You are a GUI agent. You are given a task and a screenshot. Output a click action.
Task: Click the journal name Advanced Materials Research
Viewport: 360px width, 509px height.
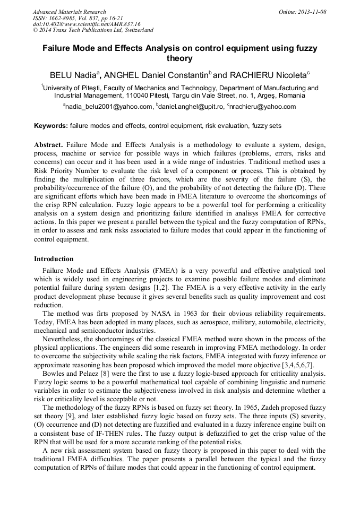click(x=69, y=12)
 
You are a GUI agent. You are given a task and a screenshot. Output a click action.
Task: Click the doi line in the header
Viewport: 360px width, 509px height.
click(x=87, y=24)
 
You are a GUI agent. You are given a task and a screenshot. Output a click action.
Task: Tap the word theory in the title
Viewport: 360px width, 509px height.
click(x=179, y=58)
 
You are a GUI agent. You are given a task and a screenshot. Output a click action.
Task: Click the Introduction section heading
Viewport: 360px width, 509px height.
click(x=54, y=259)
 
